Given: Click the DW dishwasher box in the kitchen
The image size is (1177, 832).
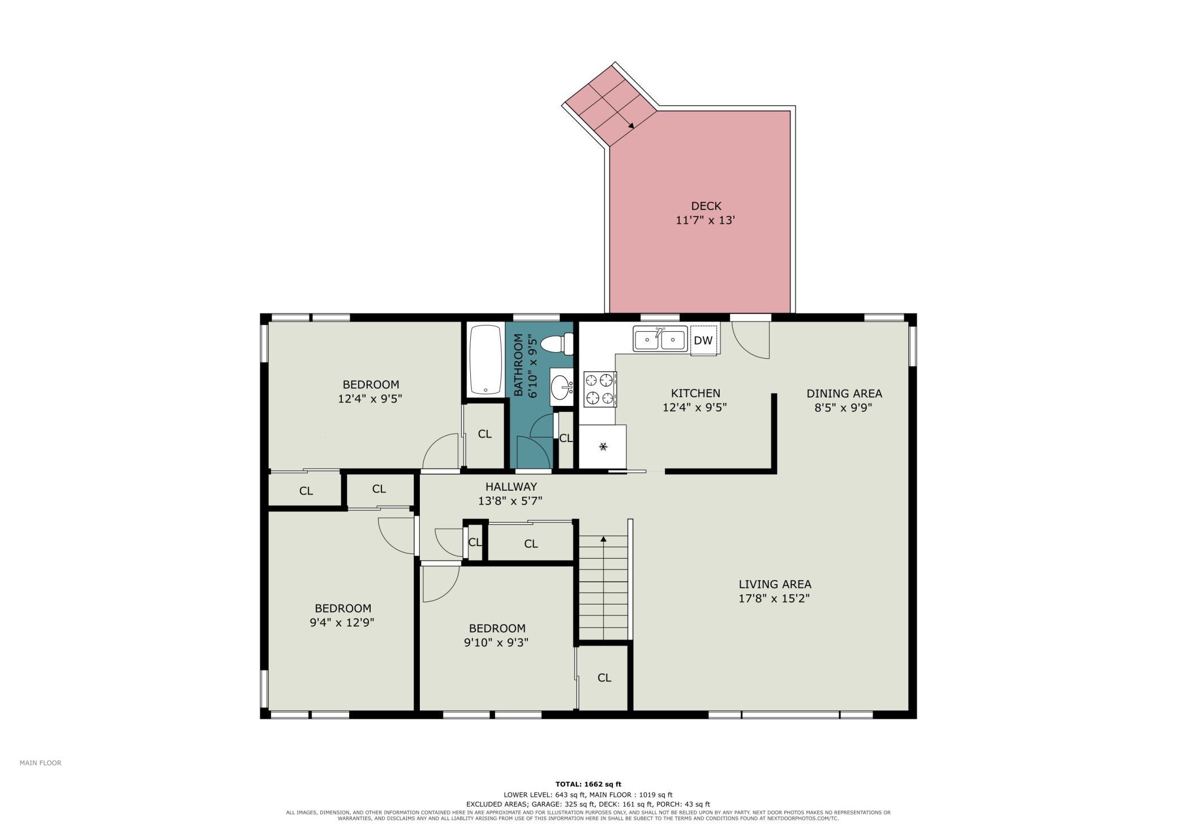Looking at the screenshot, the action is click(x=703, y=340).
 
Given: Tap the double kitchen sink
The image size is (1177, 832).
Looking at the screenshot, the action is click(x=660, y=339).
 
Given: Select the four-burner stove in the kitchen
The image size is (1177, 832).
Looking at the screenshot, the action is click(x=600, y=389).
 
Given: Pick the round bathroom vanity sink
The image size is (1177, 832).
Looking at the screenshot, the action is click(x=561, y=387).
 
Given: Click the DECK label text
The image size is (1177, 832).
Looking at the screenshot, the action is click(x=706, y=206).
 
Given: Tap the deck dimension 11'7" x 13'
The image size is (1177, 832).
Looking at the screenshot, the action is click(x=705, y=220).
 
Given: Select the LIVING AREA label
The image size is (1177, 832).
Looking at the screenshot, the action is click(x=775, y=584).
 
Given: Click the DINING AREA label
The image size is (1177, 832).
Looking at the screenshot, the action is click(x=844, y=393).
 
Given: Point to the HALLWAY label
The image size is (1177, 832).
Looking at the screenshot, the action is click(x=511, y=486).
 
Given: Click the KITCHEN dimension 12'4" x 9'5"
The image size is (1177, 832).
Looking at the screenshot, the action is click(x=694, y=407).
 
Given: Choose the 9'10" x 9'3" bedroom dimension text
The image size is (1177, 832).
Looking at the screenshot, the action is click(x=496, y=642).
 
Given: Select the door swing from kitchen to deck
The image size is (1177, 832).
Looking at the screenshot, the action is click(x=751, y=340).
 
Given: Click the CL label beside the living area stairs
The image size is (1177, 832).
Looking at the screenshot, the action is click(x=604, y=677).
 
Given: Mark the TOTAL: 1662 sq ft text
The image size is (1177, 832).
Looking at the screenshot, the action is click(x=588, y=784).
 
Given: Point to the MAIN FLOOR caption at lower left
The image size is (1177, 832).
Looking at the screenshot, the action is click(x=40, y=763).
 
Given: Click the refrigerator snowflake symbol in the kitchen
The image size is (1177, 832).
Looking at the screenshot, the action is click(x=603, y=447).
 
